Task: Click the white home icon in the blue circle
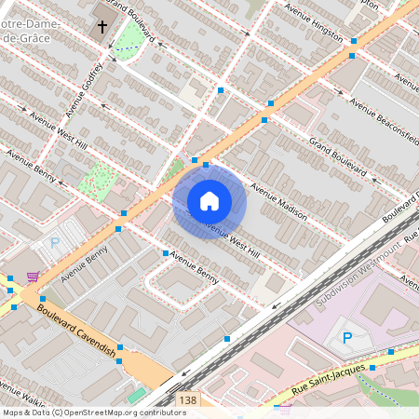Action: tap(209, 200)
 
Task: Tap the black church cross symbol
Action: tap(101, 28)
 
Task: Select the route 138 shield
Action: tap(186, 399)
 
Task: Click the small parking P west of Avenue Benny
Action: tap(54, 243)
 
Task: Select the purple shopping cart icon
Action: tap(34, 277)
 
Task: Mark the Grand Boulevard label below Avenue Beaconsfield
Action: tap(338, 157)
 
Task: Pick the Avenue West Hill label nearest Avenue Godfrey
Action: tap(58, 132)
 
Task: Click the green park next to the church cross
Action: tap(130, 37)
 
